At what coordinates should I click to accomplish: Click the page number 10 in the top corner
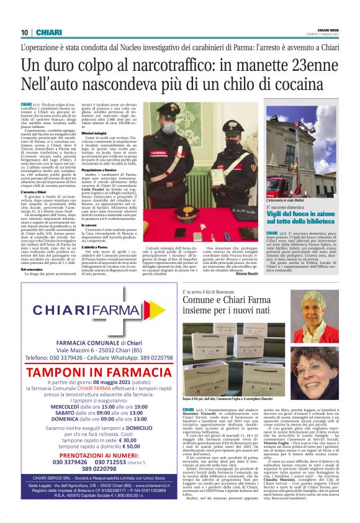pos(25,32)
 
